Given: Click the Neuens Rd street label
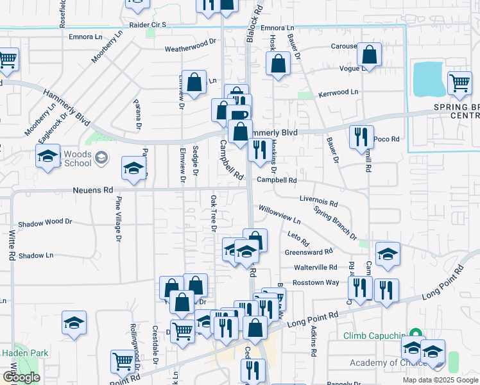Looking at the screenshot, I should click(93, 191).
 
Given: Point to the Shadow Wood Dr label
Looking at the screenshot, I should click(45, 222).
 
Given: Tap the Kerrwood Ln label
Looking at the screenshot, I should click(338, 92).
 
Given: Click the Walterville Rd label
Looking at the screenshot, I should click(315, 267).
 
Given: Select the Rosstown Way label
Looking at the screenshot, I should click(316, 282).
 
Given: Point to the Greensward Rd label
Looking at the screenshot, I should click(309, 252).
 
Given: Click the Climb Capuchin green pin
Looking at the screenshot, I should click(415, 335).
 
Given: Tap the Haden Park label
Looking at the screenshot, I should click(21, 353).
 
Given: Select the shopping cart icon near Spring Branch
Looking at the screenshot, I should click(459, 82).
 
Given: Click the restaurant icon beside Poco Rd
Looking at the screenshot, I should click(361, 136).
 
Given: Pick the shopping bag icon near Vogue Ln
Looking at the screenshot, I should click(369, 55).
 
